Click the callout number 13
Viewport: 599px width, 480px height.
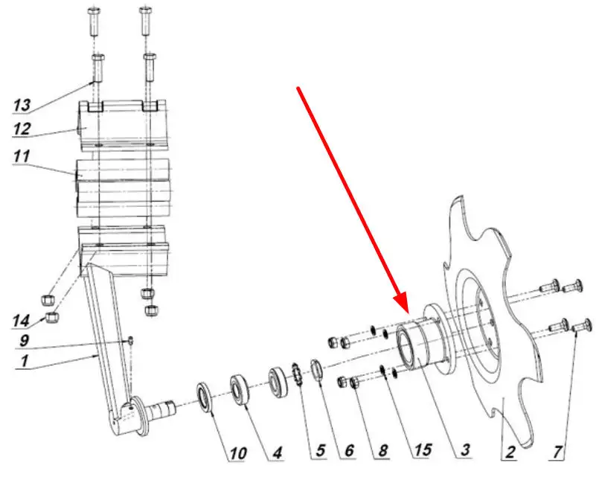coord(22,105)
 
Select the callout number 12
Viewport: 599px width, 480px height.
coord(22,129)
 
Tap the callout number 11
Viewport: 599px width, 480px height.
coord(21,156)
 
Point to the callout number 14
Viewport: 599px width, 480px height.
coord(21,321)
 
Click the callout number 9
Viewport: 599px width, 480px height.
coord(24,340)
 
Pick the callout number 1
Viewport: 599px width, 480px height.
coord(25,361)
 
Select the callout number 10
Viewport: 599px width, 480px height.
coord(238,454)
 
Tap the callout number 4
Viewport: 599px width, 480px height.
coord(277,453)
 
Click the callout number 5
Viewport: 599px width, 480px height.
coord(320,451)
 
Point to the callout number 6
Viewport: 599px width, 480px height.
coord(349,451)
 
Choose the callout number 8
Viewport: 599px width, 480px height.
coord(383,450)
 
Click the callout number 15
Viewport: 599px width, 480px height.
coord(423,450)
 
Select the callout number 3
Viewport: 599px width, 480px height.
coord(465,449)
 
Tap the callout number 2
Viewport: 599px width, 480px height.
coord(510,452)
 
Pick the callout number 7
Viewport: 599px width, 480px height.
coord(557,452)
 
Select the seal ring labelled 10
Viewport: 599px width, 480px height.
coord(205,397)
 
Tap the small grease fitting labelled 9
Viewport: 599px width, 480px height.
coord(130,340)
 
